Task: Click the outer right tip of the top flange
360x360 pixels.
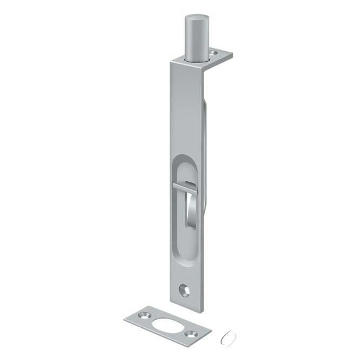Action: [x=232, y=55]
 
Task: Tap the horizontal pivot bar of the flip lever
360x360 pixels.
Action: [x=186, y=187]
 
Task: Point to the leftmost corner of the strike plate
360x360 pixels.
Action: [x=124, y=317]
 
